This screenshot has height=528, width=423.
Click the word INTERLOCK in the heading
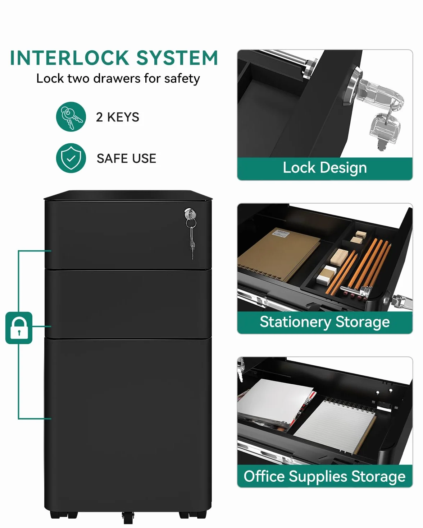[x=69, y=58]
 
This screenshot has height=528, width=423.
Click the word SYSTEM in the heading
[x=177, y=58]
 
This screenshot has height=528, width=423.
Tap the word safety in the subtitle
[x=182, y=79]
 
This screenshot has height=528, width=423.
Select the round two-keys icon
[x=71, y=117]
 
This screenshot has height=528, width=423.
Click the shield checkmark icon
[x=71, y=158]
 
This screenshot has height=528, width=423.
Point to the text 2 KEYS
[x=118, y=117]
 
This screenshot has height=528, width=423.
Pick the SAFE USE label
[x=126, y=158]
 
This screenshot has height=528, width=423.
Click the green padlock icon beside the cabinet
[x=19, y=328]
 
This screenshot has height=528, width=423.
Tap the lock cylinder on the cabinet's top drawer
[x=190, y=214]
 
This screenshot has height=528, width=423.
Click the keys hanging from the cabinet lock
[x=191, y=239]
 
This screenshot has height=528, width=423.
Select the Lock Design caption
[x=325, y=168]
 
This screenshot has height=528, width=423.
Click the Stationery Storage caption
[x=325, y=322]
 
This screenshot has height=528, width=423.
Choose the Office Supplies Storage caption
[x=325, y=476]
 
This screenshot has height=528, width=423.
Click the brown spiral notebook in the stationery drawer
[x=279, y=255]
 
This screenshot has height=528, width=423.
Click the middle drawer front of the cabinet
[x=128, y=304]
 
